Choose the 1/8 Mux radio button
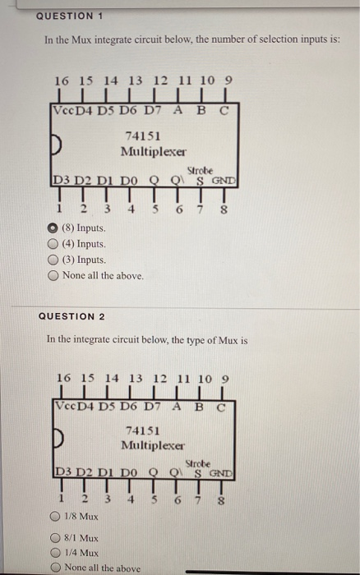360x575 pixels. [53, 517]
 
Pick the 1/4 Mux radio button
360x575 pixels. [53, 554]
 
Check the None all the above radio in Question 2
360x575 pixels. [53, 568]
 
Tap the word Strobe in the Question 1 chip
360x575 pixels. [201, 170]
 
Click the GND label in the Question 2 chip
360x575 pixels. [224, 473]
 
